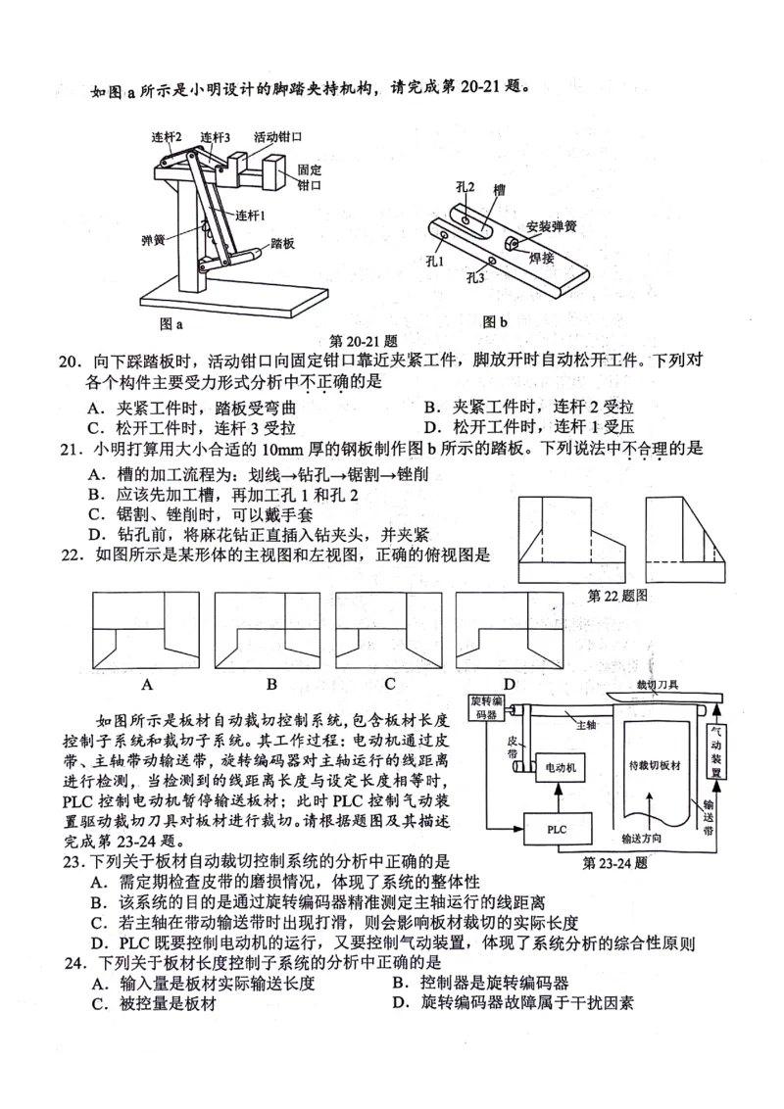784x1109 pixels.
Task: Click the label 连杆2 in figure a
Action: (167, 136)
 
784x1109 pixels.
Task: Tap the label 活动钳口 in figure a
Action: (276, 136)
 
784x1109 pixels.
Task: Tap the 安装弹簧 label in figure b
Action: (551, 225)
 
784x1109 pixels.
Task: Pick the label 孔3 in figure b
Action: (475, 277)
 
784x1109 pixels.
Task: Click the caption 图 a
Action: (171, 321)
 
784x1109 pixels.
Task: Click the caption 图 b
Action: (495, 320)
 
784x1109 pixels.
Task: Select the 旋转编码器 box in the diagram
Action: (487, 708)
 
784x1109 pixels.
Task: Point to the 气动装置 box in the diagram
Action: (716, 751)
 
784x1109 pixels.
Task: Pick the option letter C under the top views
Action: (389, 683)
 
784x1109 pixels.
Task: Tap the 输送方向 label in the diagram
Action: (648, 839)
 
